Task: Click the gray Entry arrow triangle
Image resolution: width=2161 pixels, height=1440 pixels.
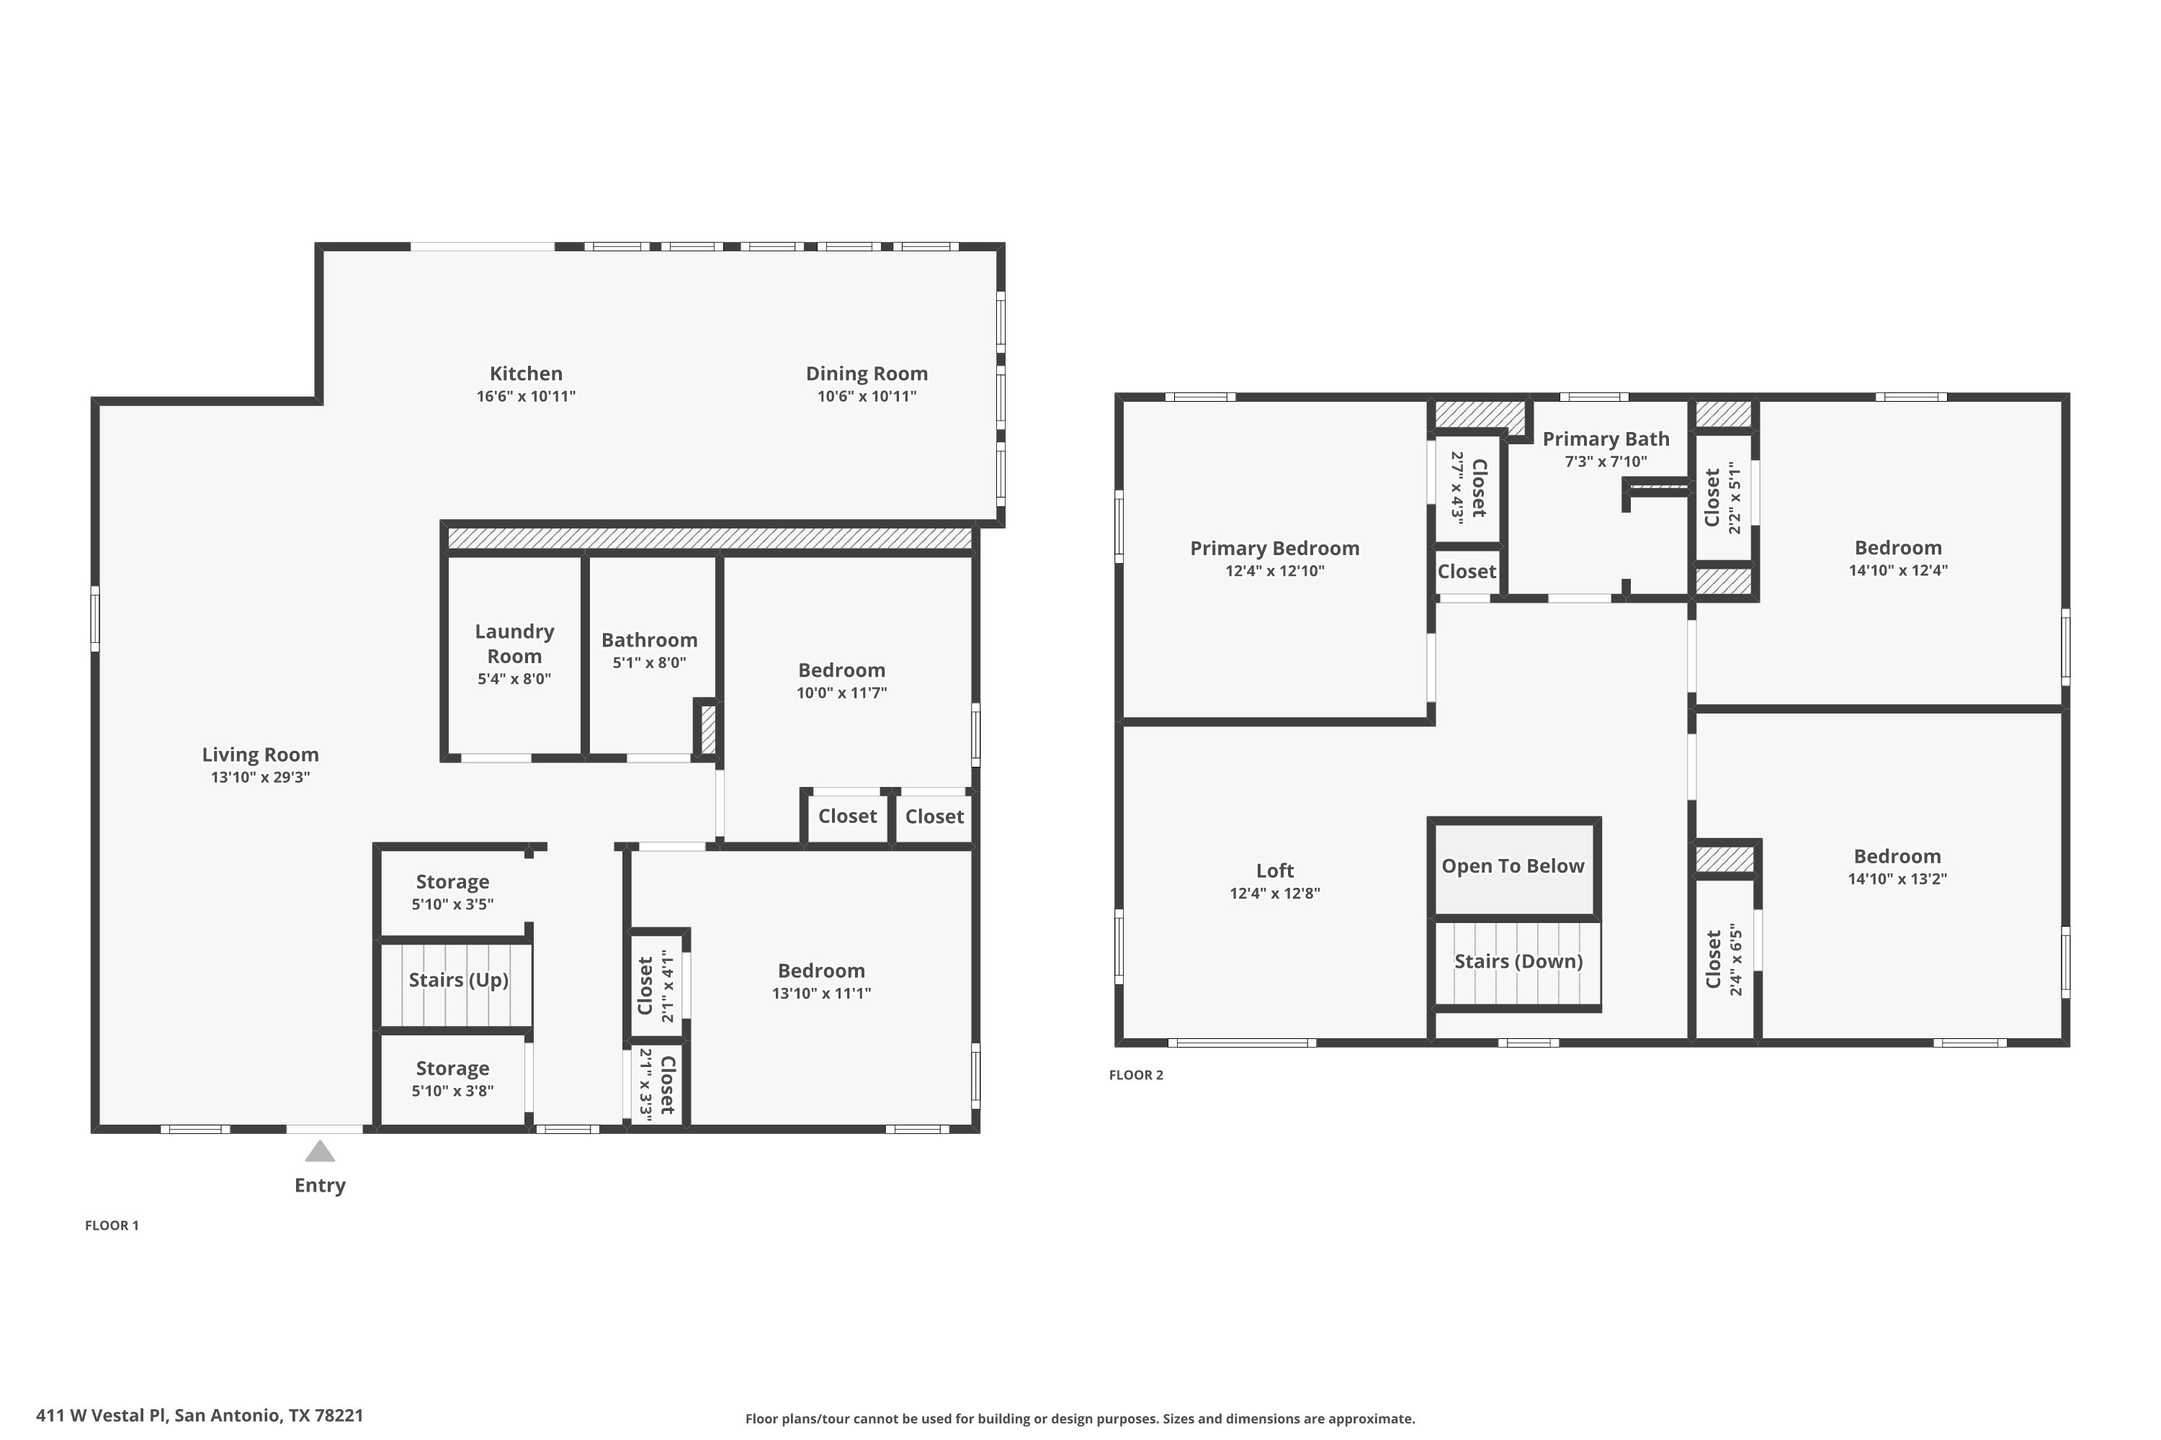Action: click(x=320, y=1151)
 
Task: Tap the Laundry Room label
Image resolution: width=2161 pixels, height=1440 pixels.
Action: click(x=514, y=643)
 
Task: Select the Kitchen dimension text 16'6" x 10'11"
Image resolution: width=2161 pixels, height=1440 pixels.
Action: click(x=526, y=396)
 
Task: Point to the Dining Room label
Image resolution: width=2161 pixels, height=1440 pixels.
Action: click(x=867, y=374)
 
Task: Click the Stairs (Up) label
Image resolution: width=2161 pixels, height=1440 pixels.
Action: click(x=457, y=980)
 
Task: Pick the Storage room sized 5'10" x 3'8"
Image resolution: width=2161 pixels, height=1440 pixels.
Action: click(x=452, y=1078)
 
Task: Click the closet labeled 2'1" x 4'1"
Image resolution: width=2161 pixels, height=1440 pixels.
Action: click(x=657, y=986)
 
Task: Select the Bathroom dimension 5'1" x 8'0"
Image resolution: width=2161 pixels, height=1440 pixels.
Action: click(x=649, y=662)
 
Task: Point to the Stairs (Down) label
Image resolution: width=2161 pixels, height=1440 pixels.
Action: click(x=1518, y=961)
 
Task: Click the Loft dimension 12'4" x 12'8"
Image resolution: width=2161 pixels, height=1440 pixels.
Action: click(x=1274, y=893)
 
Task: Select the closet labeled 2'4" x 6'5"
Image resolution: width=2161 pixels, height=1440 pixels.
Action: click(x=1724, y=959)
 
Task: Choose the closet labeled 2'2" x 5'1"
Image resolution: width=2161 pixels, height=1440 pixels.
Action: click(x=1723, y=498)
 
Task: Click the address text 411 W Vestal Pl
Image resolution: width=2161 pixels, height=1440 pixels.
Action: click(x=101, y=1416)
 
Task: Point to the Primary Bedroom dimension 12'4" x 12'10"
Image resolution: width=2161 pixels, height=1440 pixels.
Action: click(x=1274, y=570)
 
